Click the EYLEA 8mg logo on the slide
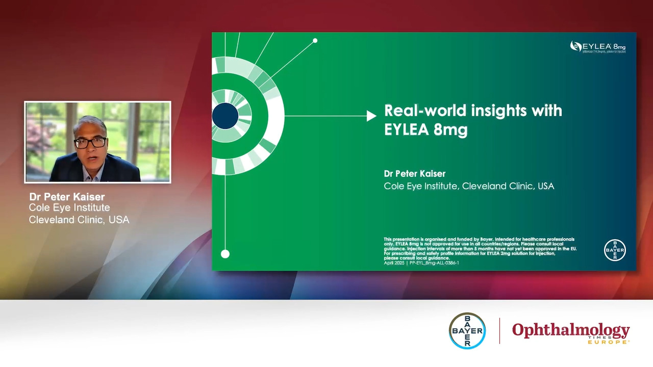pos(597,47)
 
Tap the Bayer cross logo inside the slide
pos(615,250)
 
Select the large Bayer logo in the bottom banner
pos(467,331)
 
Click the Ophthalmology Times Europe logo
pos(571,332)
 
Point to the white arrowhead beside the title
pos(371,116)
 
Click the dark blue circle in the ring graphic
pos(225,116)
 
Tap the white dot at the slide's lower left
pos(225,254)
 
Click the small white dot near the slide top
pos(315,41)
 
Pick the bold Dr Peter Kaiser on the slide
pos(414,174)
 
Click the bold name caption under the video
pos(67,197)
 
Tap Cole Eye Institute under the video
pos(69,208)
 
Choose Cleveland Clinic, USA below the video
pos(79,220)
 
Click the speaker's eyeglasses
pos(90,143)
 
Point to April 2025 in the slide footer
pos(394,263)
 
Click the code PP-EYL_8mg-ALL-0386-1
pos(434,263)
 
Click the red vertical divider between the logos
pos(499,331)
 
